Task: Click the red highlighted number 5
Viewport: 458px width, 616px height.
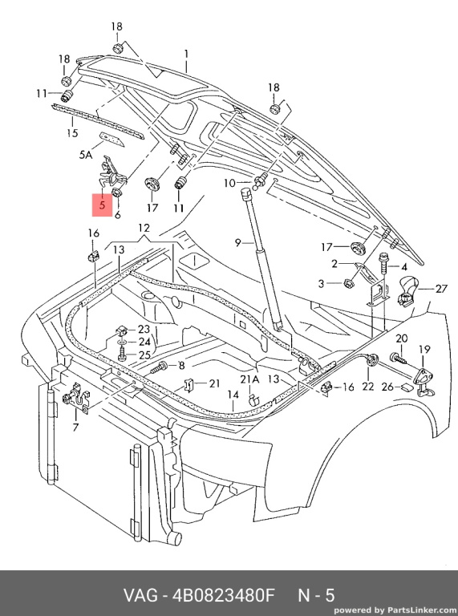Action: click(102, 205)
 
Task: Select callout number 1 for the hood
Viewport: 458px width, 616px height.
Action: click(187, 55)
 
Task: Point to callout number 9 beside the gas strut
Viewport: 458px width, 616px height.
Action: click(237, 243)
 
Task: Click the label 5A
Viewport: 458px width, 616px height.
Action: click(86, 155)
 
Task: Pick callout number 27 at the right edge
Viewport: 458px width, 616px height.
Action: click(441, 289)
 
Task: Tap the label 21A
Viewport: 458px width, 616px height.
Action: click(249, 379)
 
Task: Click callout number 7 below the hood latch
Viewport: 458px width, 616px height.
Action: click(75, 427)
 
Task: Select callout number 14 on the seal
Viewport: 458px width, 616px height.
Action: click(233, 395)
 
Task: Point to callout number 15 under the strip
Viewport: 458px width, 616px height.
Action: click(72, 133)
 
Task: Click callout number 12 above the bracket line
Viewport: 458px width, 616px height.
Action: click(144, 228)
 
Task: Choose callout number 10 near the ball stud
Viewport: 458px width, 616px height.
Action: click(229, 183)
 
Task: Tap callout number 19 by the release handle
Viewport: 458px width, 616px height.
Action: click(424, 349)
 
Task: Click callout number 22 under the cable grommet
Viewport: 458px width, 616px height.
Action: click(368, 387)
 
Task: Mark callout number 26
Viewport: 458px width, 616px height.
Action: click(387, 387)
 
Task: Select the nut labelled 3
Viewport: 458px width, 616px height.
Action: click(348, 283)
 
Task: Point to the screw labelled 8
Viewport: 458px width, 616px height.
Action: click(160, 368)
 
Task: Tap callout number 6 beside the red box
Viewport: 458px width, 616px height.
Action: click(117, 215)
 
